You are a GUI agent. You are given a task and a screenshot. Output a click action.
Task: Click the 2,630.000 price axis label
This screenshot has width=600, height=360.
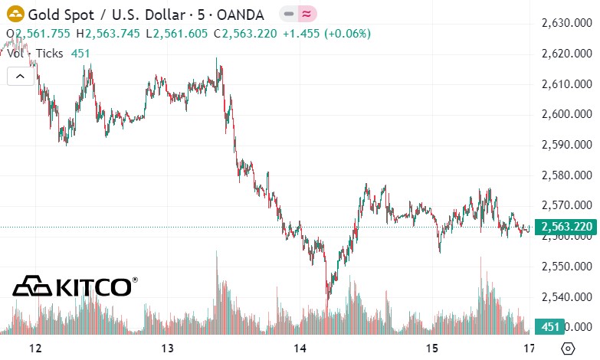click(x=567, y=23)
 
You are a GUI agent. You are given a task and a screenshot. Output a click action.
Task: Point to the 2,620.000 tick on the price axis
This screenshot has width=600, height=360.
click(x=567, y=54)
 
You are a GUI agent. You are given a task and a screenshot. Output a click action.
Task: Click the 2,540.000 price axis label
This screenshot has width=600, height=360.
click(x=567, y=296)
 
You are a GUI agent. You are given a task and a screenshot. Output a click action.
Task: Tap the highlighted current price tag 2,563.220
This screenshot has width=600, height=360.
click(x=566, y=227)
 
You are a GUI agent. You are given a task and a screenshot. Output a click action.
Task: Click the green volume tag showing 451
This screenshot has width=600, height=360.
click(x=549, y=326)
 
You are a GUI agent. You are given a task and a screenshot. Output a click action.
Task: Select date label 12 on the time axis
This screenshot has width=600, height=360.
click(x=34, y=349)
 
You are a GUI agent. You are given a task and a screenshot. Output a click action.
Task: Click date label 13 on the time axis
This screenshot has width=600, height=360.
click(x=169, y=349)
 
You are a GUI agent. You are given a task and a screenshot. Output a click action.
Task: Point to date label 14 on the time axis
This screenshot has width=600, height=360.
click(x=300, y=349)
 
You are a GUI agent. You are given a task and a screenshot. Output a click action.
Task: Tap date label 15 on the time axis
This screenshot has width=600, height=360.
click(x=433, y=349)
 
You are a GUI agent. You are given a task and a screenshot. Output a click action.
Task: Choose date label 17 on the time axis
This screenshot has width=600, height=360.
click(x=529, y=349)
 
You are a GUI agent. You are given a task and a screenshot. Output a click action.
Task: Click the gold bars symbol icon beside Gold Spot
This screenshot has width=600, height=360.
click(x=14, y=15)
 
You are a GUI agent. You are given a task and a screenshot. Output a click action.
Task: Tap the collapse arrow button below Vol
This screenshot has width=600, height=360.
click(x=21, y=76)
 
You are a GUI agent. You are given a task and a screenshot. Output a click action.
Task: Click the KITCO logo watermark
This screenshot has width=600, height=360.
click(x=75, y=286)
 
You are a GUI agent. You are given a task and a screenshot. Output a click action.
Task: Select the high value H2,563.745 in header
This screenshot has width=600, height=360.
click(x=113, y=34)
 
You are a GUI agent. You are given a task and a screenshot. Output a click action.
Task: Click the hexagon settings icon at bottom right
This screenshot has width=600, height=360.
click(x=568, y=349)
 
